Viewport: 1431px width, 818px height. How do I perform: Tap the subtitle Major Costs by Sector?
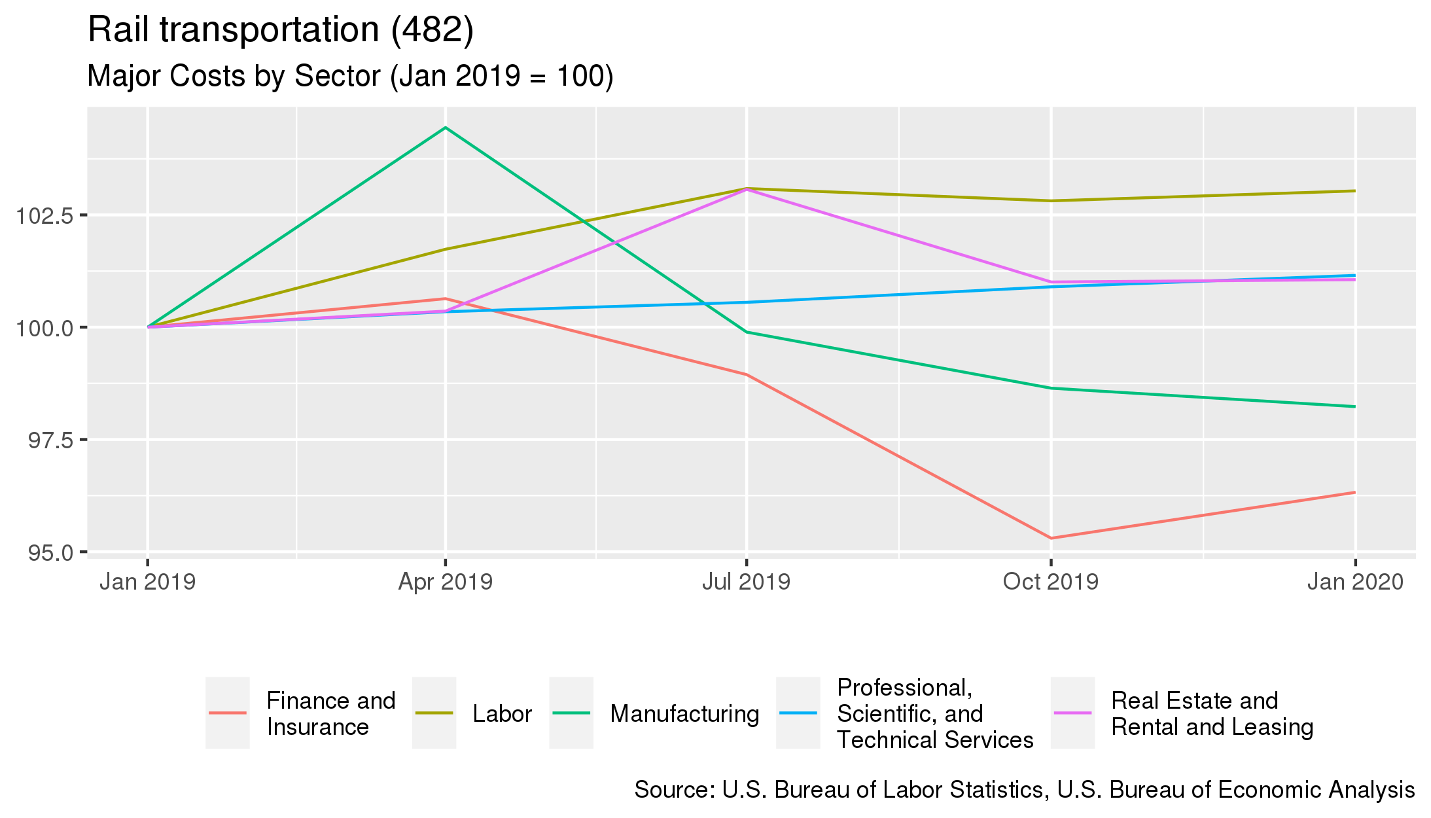(x=349, y=77)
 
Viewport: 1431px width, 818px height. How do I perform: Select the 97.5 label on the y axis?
(x=50, y=440)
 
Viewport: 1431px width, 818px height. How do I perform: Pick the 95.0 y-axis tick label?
(x=50, y=553)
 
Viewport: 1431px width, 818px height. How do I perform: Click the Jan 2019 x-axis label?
(x=147, y=582)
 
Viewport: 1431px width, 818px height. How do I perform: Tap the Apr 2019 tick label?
(x=445, y=582)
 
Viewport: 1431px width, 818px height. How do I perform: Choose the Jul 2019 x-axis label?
(x=746, y=582)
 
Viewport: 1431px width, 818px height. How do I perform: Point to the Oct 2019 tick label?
(x=1050, y=582)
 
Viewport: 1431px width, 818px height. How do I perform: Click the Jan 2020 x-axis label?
(x=1355, y=582)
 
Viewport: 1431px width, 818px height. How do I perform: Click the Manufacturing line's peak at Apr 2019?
(x=446, y=128)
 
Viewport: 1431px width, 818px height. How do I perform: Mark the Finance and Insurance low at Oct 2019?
(x=1051, y=538)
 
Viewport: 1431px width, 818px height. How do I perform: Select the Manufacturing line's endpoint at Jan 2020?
(x=1354, y=406)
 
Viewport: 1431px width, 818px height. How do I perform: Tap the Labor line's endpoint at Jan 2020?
(x=1354, y=191)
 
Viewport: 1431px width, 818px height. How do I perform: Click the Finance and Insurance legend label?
(x=330, y=713)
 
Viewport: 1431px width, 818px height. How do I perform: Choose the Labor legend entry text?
(x=502, y=713)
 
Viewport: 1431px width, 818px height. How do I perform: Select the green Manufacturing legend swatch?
(x=571, y=713)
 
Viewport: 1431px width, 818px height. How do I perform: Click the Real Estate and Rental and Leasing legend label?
(x=1212, y=713)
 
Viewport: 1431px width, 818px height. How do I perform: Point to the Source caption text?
(x=1024, y=790)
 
